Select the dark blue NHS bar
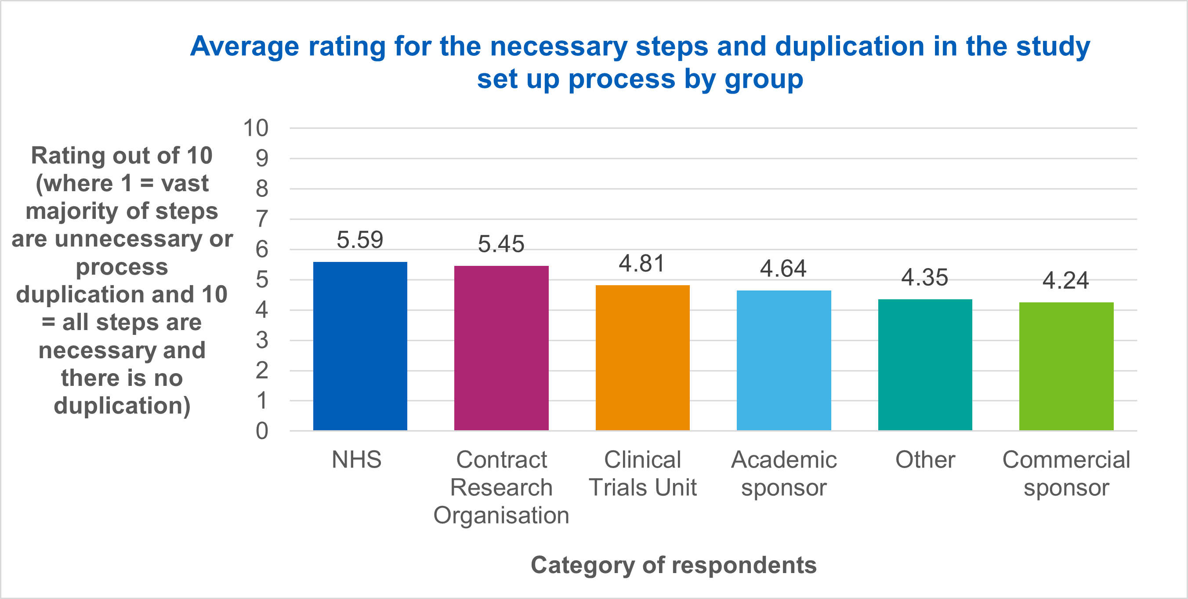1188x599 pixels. click(x=360, y=346)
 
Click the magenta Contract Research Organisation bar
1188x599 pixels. click(x=501, y=349)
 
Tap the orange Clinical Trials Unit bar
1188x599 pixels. click(x=642, y=358)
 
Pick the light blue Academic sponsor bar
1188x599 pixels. click(x=783, y=360)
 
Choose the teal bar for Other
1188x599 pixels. click(x=925, y=365)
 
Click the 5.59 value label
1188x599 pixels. click(x=360, y=240)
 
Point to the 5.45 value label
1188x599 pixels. click(x=501, y=244)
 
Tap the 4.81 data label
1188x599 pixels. click(x=642, y=264)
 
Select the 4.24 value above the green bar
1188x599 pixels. click(x=1065, y=280)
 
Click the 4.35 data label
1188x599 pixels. click(x=924, y=278)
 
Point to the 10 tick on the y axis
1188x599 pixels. click(x=256, y=128)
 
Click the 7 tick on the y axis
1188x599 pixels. click(x=261, y=219)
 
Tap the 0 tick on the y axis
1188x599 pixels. click(x=261, y=431)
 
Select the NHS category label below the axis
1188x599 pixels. click(x=356, y=460)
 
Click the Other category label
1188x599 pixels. click(x=925, y=460)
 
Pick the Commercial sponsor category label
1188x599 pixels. click(x=1066, y=473)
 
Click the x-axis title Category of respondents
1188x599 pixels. click(x=674, y=565)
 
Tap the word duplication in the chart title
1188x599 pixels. click(x=850, y=46)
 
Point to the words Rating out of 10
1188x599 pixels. click(x=122, y=156)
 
